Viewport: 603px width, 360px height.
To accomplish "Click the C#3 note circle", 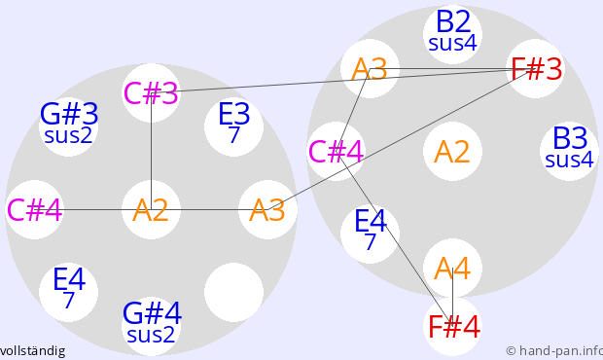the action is click(151, 93).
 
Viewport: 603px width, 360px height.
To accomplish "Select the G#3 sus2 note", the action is click(68, 126).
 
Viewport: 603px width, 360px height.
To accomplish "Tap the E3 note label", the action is click(233, 114).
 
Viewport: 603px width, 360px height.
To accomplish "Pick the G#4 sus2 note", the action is click(151, 326).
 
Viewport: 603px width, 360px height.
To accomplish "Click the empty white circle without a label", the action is click(233, 292).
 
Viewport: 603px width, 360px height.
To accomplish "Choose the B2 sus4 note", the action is click(452, 34).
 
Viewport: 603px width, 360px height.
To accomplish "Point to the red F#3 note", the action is click(536, 68).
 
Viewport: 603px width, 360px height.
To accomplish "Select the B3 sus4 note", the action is click(569, 151).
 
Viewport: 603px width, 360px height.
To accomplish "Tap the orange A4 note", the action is click(452, 269).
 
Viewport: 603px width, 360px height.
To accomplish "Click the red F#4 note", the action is click(452, 327).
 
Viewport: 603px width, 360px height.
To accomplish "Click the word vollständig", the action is click(32, 351).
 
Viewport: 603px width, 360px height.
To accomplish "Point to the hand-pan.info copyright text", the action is click(554, 351).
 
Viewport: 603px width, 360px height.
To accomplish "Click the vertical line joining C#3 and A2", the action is click(151, 151).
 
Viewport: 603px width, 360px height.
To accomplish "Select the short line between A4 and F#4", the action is click(452, 297).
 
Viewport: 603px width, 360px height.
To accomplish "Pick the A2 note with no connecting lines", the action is click(452, 151).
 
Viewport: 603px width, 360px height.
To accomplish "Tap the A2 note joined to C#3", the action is click(151, 209).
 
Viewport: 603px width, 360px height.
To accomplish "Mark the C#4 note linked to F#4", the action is click(337, 151).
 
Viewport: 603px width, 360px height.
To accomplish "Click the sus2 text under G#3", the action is click(68, 136).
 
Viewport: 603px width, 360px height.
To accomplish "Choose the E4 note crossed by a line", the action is click(370, 234).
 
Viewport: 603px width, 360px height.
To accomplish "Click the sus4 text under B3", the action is click(569, 160).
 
